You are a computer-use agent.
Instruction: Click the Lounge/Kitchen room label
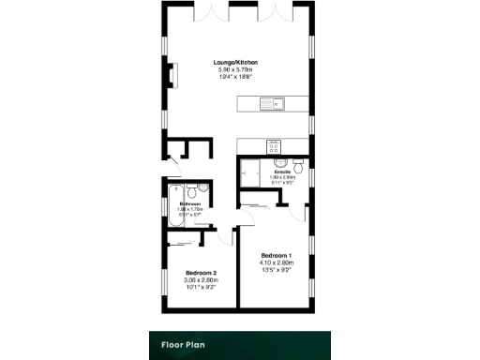coord(237,63)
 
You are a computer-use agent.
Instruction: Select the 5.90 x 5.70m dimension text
coord(237,70)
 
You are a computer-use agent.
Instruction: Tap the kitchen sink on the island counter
coord(276,104)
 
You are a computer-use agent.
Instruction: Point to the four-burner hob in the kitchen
coord(275,146)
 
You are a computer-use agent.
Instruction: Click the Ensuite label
coord(282,172)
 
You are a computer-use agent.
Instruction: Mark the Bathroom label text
coord(191,203)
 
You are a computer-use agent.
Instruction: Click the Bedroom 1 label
coord(276,256)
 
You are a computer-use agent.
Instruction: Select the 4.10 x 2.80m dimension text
coord(276,263)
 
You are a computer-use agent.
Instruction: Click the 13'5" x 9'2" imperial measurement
coord(276,270)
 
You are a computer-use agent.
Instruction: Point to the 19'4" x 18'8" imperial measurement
coord(237,77)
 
